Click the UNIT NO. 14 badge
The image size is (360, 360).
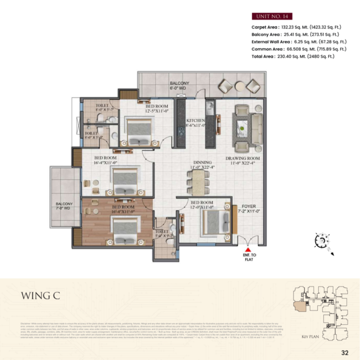pyautogui.click(x=272, y=16)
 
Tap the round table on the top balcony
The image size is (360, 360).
pyautogui.click(x=240, y=86)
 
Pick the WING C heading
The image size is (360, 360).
pyautogui.click(x=41, y=296)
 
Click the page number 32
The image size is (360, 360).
pyautogui.click(x=345, y=353)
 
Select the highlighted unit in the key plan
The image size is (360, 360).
pyautogui.click(x=300, y=306)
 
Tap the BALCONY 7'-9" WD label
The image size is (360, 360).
pyautogui.click(x=64, y=207)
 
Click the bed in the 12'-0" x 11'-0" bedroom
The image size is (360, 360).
pyautogui.click(x=215, y=222)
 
